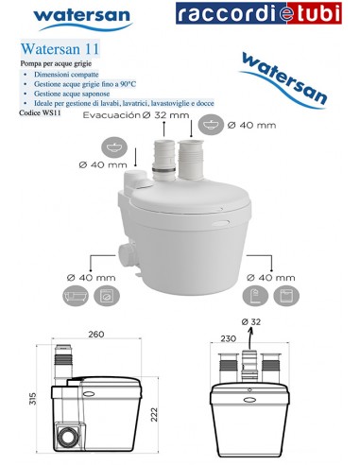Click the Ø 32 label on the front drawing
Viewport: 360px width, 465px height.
(x=252, y=323)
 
